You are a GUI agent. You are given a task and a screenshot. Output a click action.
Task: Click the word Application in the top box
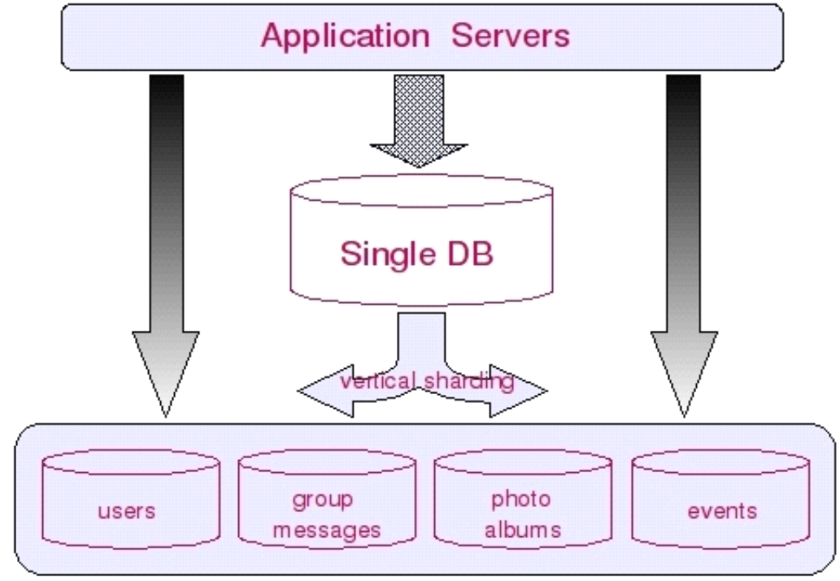[345, 37]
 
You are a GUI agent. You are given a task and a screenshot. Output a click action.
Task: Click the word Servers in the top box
[511, 36]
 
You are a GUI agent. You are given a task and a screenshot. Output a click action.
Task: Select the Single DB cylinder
[421, 241]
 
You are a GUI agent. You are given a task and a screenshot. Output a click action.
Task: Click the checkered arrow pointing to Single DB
[419, 120]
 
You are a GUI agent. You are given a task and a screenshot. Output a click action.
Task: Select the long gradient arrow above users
[166, 245]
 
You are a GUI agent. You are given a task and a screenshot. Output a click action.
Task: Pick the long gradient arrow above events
[684, 245]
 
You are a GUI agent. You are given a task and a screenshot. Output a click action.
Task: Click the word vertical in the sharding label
[377, 381]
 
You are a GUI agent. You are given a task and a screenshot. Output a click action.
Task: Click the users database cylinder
[131, 499]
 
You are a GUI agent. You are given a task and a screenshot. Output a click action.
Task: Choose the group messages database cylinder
[327, 499]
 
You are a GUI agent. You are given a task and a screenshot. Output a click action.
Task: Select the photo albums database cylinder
[523, 499]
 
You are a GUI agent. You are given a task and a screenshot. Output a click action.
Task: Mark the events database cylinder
[720, 499]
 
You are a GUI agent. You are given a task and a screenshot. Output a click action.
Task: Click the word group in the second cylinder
[323, 501]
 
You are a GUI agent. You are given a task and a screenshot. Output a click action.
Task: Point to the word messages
[327, 530]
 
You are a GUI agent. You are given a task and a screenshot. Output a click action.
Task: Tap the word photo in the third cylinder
[520, 500]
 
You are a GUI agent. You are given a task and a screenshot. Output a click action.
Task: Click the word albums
[523, 529]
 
